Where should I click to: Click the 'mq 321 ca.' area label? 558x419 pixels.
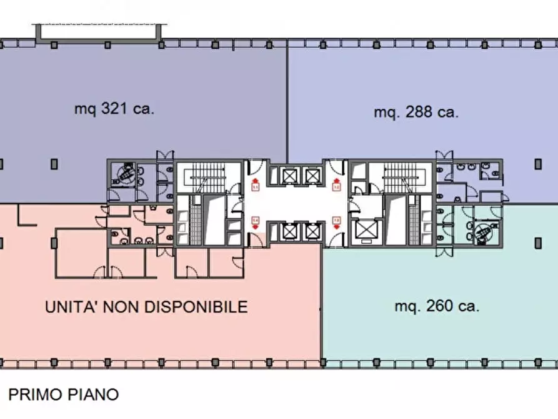tap(114, 109)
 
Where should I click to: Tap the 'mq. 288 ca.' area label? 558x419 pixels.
tap(416, 113)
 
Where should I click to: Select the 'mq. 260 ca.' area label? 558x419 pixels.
tap(437, 306)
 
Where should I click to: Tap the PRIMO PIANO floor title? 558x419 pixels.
tap(63, 395)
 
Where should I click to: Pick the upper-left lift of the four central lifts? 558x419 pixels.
tap(289, 175)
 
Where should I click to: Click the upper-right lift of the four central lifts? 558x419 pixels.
tap(311, 175)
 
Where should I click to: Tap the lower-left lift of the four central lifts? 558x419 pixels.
tap(289, 231)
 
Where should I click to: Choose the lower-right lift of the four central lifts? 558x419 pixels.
tap(311, 231)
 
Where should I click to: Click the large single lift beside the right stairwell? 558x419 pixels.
tap(366, 231)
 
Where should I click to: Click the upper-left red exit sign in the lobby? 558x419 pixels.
tap(255, 184)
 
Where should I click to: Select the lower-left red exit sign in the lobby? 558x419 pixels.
tap(255, 221)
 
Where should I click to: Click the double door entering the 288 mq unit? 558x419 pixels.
tap(442, 156)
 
